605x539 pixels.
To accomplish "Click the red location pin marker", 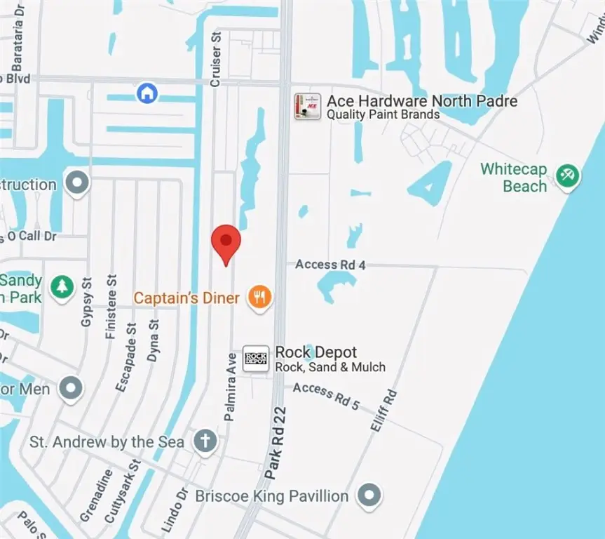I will [226, 243].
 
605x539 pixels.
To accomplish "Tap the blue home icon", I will [147, 93].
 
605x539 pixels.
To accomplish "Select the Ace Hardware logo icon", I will [307, 107].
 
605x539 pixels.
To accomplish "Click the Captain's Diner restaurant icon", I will [260, 298].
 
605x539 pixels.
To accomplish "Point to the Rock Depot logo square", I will [256, 359].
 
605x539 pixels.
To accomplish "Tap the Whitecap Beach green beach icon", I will [566, 175].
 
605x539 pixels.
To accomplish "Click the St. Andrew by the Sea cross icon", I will [205, 441].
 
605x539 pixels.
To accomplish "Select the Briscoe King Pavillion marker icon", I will [369, 496].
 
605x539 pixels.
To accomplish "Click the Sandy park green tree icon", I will [63, 286].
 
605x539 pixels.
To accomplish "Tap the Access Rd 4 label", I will [330, 265].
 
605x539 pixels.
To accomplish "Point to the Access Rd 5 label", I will [326, 396].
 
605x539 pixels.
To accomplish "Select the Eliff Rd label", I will [381, 409].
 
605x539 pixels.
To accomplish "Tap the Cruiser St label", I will [216, 60].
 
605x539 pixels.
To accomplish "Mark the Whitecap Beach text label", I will [514, 178].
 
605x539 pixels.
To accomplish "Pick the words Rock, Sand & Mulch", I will [330, 368].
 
